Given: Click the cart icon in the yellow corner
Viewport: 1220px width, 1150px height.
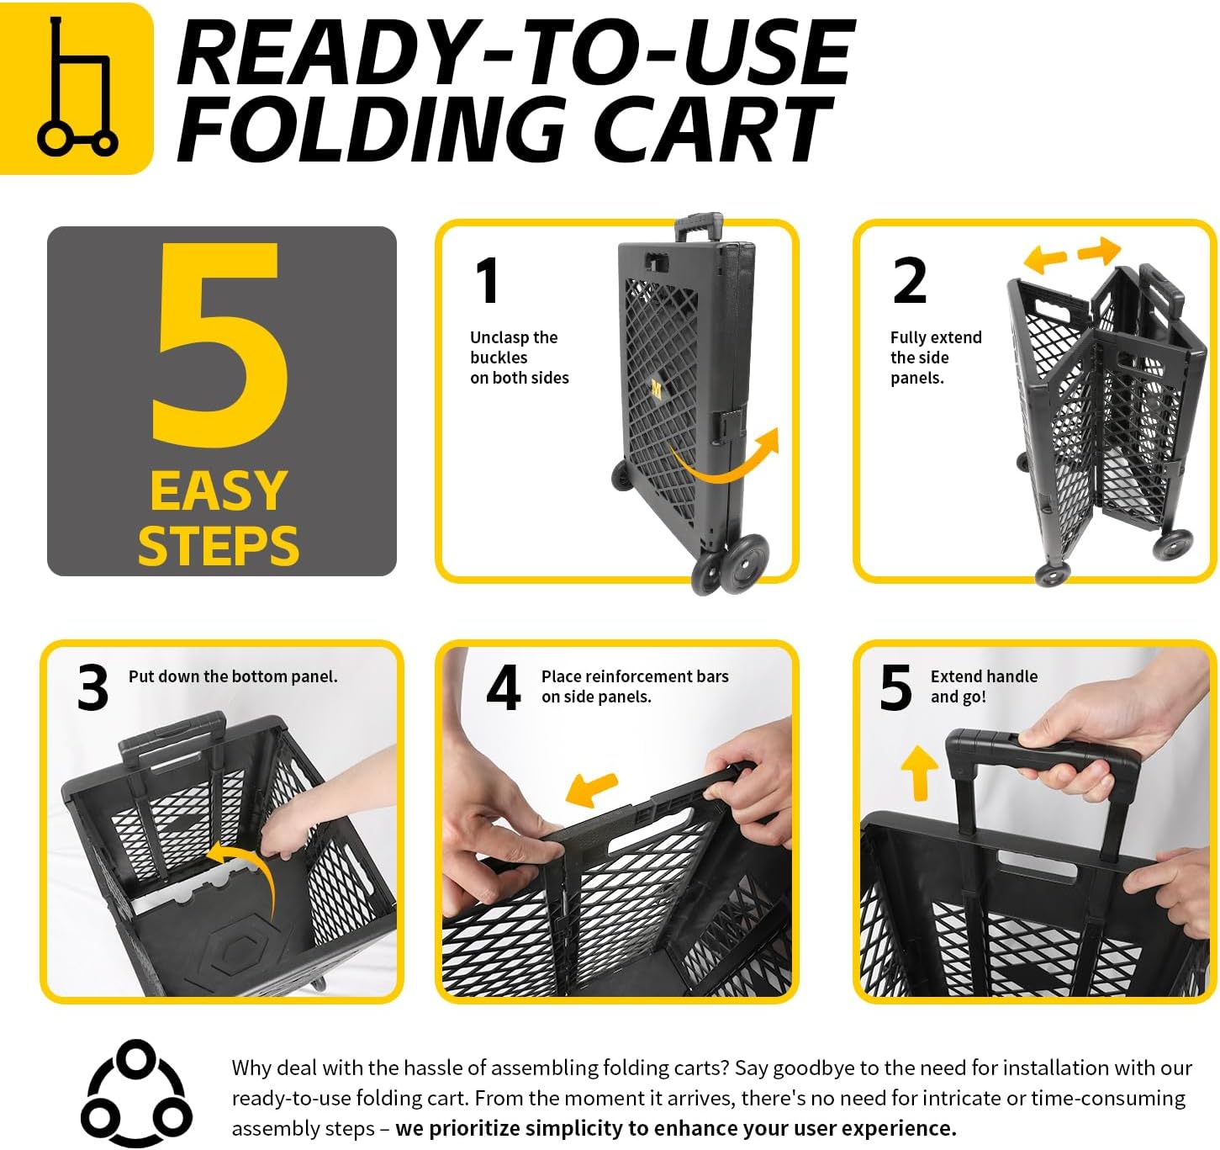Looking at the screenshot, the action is (x=77, y=86).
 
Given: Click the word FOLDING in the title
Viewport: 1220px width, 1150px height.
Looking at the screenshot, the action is (x=371, y=130).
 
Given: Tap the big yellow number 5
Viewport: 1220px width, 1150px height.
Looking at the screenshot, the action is (x=220, y=344).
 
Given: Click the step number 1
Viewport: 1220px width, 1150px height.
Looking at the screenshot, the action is (x=487, y=280).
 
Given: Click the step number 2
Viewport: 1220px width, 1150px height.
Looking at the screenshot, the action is (x=909, y=280).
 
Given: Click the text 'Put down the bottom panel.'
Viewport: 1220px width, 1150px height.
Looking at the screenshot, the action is (x=233, y=676).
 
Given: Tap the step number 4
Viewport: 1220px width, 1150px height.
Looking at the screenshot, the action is (x=503, y=687).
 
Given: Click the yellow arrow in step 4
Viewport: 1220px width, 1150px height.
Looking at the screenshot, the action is (x=591, y=788).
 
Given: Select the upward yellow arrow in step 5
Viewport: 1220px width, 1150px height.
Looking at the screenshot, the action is (x=919, y=773).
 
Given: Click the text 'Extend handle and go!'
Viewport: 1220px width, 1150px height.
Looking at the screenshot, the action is (x=984, y=686).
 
